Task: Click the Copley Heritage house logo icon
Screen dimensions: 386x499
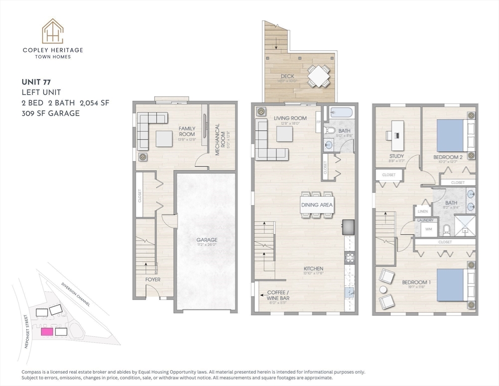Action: click(x=52, y=31)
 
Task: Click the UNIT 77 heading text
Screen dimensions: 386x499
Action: click(x=36, y=82)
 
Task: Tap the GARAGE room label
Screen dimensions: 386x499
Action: click(x=206, y=240)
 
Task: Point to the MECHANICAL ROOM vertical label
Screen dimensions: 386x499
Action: click(x=218, y=140)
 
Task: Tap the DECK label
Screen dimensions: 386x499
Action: click(x=288, y=76)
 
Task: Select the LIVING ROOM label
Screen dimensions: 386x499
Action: click(x=290, y=119)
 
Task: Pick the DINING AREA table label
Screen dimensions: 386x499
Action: click(x=317, y=205)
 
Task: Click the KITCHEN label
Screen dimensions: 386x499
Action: click(x=313, y=269)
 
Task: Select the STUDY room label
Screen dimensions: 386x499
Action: click(x=396, y=156)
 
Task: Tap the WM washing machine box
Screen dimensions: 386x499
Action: click(x=428, y=229)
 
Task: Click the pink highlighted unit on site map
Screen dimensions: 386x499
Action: click(x=47, y=332)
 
